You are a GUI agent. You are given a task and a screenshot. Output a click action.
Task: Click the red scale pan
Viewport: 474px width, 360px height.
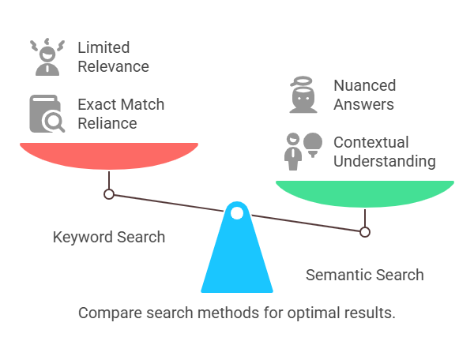click(109, 156)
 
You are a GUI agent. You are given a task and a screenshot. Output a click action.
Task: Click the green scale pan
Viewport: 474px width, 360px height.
click(365, 194)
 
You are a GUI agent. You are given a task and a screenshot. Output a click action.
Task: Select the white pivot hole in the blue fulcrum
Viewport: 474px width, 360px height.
click(237, 213)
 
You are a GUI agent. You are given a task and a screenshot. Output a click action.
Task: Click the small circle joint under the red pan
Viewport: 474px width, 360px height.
click(109, 194)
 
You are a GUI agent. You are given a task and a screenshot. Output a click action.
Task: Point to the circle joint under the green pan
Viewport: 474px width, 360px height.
click(365, 232)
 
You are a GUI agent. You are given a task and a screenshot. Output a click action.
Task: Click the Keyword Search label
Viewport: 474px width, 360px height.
click(109, 237)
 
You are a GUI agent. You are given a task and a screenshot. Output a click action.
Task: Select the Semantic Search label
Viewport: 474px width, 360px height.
click(364, 275)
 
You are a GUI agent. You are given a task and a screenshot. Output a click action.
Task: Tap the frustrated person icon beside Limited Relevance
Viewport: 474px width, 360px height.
click(47, 57)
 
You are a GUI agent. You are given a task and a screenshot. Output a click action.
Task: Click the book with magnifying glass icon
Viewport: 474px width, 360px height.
click(47, 114)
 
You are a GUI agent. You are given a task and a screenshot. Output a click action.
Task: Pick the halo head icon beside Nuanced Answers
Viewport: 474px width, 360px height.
click(303, 95)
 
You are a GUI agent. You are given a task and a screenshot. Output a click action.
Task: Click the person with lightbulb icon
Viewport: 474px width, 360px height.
click(303, 152)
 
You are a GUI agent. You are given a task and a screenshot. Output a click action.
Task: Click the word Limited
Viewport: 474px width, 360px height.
click(103, 47)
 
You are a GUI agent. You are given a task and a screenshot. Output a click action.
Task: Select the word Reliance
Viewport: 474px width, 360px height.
click(107, 123)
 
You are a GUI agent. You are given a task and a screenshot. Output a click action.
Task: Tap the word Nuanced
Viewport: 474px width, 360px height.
click(364, 85)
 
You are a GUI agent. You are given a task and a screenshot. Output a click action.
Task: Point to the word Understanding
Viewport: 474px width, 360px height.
click(385, 161)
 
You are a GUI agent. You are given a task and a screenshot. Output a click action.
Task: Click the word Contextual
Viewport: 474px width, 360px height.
click(371, 142)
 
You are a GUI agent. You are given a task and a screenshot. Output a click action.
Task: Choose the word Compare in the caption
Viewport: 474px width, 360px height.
click(111, 313)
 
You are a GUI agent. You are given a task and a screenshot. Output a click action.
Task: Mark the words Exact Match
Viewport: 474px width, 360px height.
click(121, 104)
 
